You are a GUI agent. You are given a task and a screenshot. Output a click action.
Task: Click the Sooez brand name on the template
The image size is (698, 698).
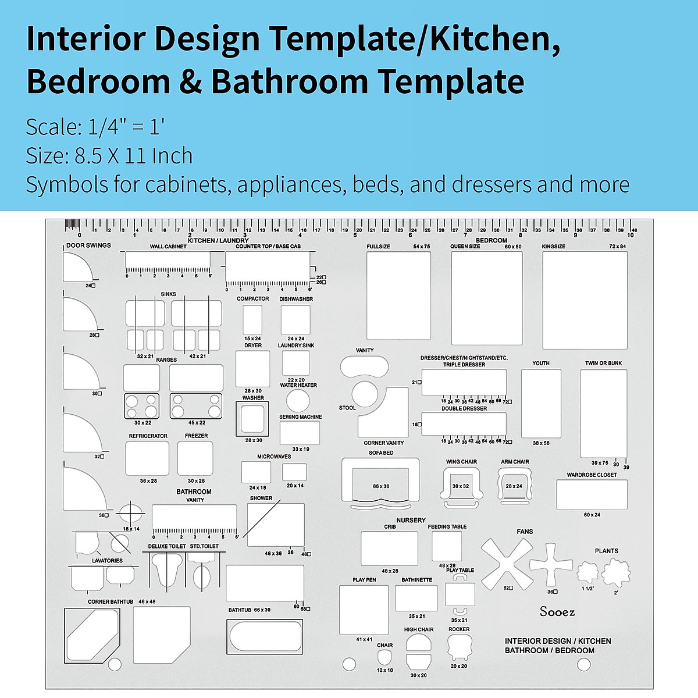(x=557, y=611)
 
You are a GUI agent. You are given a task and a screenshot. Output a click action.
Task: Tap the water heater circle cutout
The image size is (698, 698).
(x=298, y=401)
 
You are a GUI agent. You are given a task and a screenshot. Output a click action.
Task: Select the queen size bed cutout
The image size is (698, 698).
(x=487, y=297)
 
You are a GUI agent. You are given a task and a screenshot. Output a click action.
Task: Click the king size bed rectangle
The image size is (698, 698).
(x=585, y=300)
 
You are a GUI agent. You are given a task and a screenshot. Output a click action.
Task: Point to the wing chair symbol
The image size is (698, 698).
(x=461, y=484)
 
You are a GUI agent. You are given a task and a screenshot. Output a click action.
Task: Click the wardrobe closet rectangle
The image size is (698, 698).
(x=592, y=494)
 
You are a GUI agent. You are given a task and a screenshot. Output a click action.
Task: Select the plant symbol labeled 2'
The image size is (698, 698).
(x=615, y=573)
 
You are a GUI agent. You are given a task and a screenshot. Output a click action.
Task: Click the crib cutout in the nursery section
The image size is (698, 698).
(x=389, y=549)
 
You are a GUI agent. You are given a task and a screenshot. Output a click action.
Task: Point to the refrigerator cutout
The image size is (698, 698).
(x=147, y=458)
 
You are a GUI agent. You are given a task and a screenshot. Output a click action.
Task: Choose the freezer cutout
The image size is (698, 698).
(x=195, y=458)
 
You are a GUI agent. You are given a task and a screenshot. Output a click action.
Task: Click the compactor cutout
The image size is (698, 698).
(x=252, y=319)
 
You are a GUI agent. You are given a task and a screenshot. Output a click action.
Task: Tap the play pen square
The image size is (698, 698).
(x=364, y=610)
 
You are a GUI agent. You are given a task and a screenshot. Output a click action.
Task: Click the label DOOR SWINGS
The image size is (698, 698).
(x=88, y=245)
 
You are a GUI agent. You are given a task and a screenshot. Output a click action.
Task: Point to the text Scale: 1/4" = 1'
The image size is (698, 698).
(x=95, y=127)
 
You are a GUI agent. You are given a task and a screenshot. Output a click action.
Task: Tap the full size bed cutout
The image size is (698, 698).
(x=398, y=295)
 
